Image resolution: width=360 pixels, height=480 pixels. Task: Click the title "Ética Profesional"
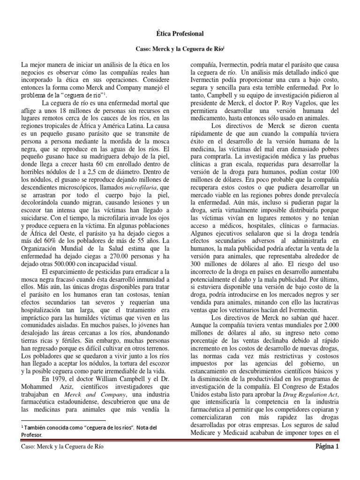coord(180,34)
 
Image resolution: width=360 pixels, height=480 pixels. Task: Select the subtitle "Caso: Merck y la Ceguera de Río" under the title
coord(180,49)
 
